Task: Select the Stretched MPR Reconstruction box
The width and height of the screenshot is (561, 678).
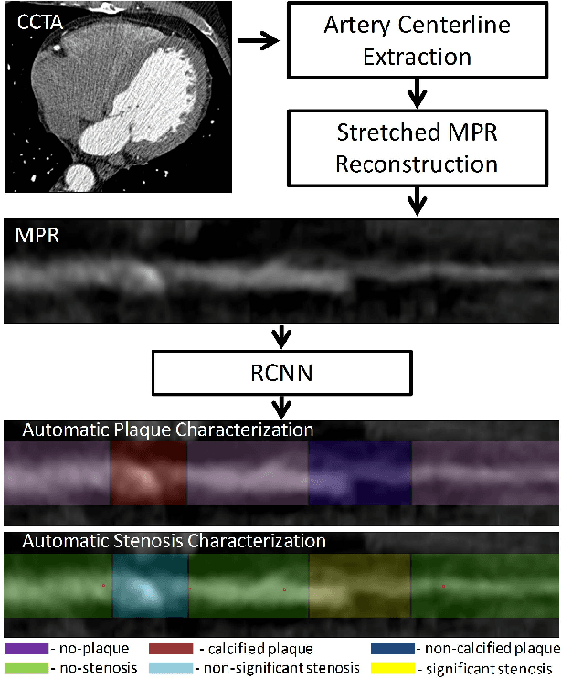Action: click(417, 149)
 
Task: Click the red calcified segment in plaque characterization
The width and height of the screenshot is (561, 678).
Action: click(148, 473)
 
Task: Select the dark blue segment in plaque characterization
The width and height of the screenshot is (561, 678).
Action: click(360, 473)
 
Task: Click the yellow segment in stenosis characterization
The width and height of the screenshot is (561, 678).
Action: click(360, 585)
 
